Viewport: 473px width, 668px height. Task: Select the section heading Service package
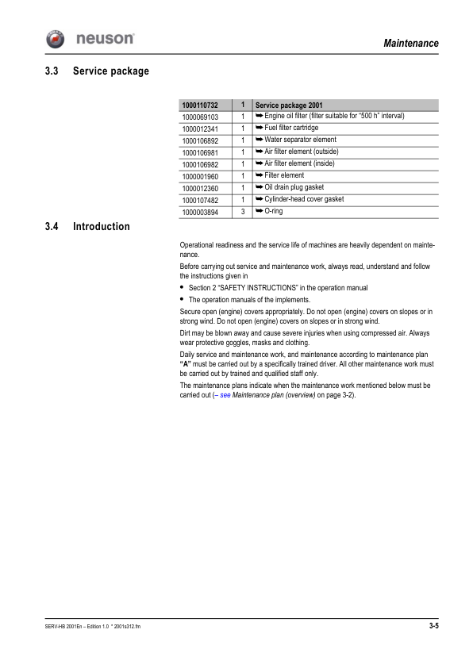tap(111, 71)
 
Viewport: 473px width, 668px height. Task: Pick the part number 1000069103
tap(200, 117)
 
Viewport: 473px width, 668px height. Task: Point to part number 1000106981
tap(200, 152)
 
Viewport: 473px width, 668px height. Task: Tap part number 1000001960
tap(200, 176)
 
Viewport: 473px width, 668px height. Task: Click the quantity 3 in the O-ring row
tap(242, 212)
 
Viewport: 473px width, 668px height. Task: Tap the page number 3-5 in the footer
tap(433, 627)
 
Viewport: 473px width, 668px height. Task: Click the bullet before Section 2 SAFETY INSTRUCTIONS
tap(183, 287)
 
